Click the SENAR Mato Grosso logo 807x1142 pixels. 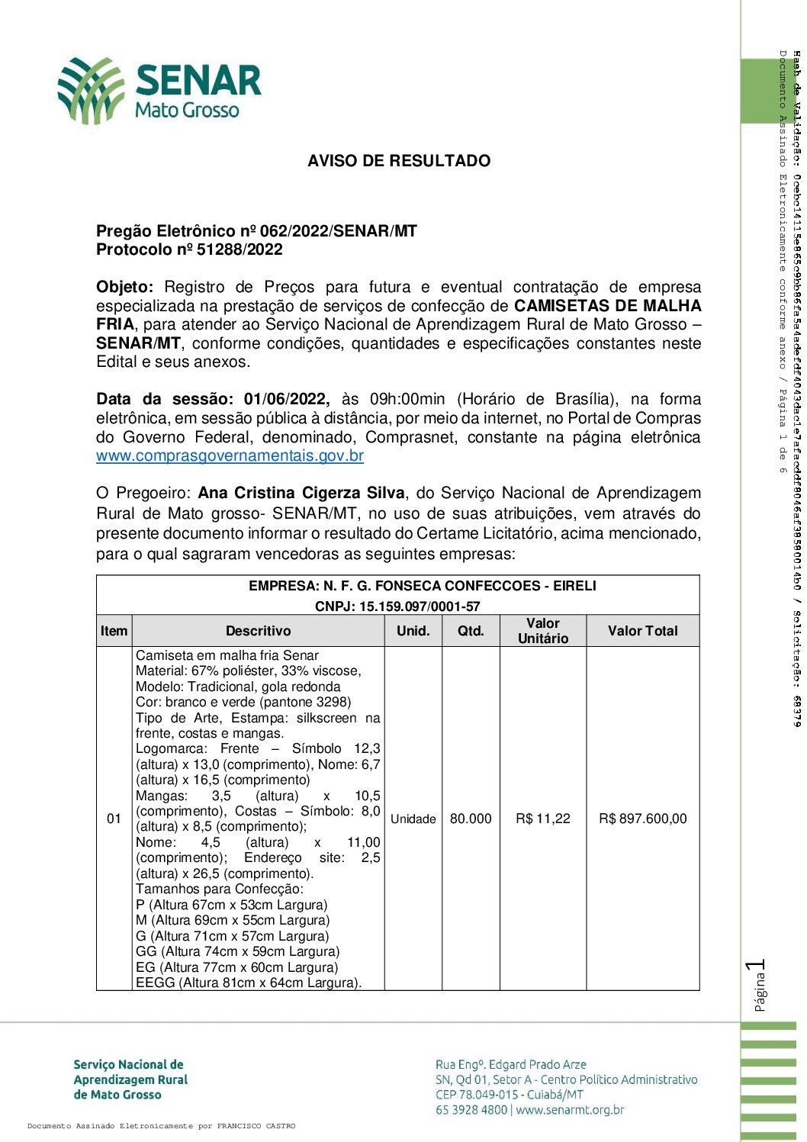159,90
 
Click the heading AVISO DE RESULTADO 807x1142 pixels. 399,161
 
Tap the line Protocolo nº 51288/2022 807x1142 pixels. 189,249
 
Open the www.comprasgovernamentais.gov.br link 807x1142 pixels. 230,456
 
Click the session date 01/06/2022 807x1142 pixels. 286,399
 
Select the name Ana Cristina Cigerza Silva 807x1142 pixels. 301,493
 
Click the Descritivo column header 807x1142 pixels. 258,631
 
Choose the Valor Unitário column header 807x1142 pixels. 543,631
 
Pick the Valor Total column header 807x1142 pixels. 642,631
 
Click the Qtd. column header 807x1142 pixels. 471,631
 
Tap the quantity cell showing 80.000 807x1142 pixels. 471,819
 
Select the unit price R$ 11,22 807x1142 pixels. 543,819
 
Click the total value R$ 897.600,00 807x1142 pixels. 642,819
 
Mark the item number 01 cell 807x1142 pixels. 114,819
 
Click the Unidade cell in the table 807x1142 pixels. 413,819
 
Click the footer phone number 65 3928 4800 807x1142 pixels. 471,1110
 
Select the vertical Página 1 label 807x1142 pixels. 757,986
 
